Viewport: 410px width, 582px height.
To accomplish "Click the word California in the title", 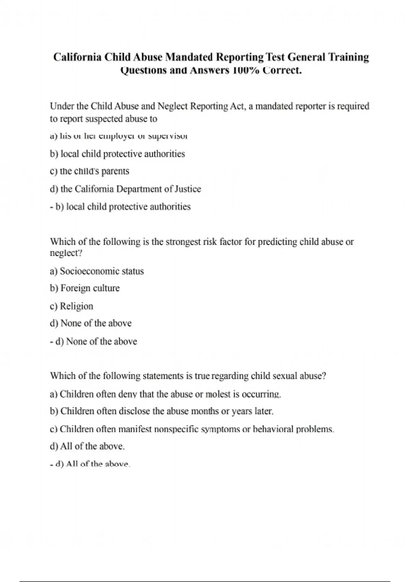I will pyautogui.click(x=77, y=57).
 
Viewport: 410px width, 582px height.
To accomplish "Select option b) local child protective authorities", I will pyautogui.click(x=117, y=154).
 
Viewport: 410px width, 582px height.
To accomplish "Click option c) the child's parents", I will pyautogui.click(x=90, y=171).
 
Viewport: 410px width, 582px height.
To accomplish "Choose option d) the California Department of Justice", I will pyautogui.click(x=125, y=189).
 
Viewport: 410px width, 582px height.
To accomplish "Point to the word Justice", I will pyautogui.click(x=188, y=189).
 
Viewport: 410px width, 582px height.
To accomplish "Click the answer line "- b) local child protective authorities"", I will pyautogui.click(x=120, y=207).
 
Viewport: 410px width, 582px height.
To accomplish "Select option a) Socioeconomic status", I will pyautogui.click(x=97, y=271).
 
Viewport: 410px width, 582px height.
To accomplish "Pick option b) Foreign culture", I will pyautogui.click(x=85, y=288).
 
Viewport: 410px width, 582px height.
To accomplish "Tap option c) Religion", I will pyautogui.click(x=71, y=306).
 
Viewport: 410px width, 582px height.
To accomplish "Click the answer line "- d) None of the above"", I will pyautogui.click(x=94, y=341).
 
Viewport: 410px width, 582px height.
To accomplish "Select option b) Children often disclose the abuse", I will pyautogui.click(x=162, y=411).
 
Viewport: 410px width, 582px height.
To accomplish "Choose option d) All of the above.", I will pyautogui.click(x=87, y=446).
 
